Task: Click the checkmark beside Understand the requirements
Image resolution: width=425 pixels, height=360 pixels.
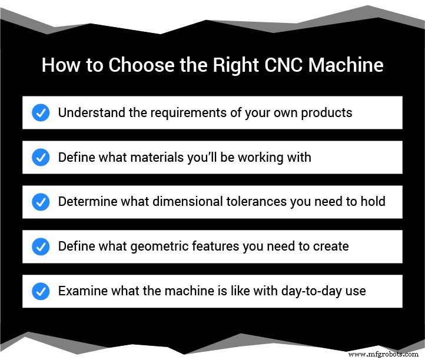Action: (41, 112)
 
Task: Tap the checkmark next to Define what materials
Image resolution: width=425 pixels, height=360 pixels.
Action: (41, 157)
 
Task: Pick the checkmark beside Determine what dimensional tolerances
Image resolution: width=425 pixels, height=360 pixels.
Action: (41, 202)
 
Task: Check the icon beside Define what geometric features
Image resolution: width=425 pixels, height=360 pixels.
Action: (41, 246)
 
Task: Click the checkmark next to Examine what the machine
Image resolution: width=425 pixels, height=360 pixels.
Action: (41, 291)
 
